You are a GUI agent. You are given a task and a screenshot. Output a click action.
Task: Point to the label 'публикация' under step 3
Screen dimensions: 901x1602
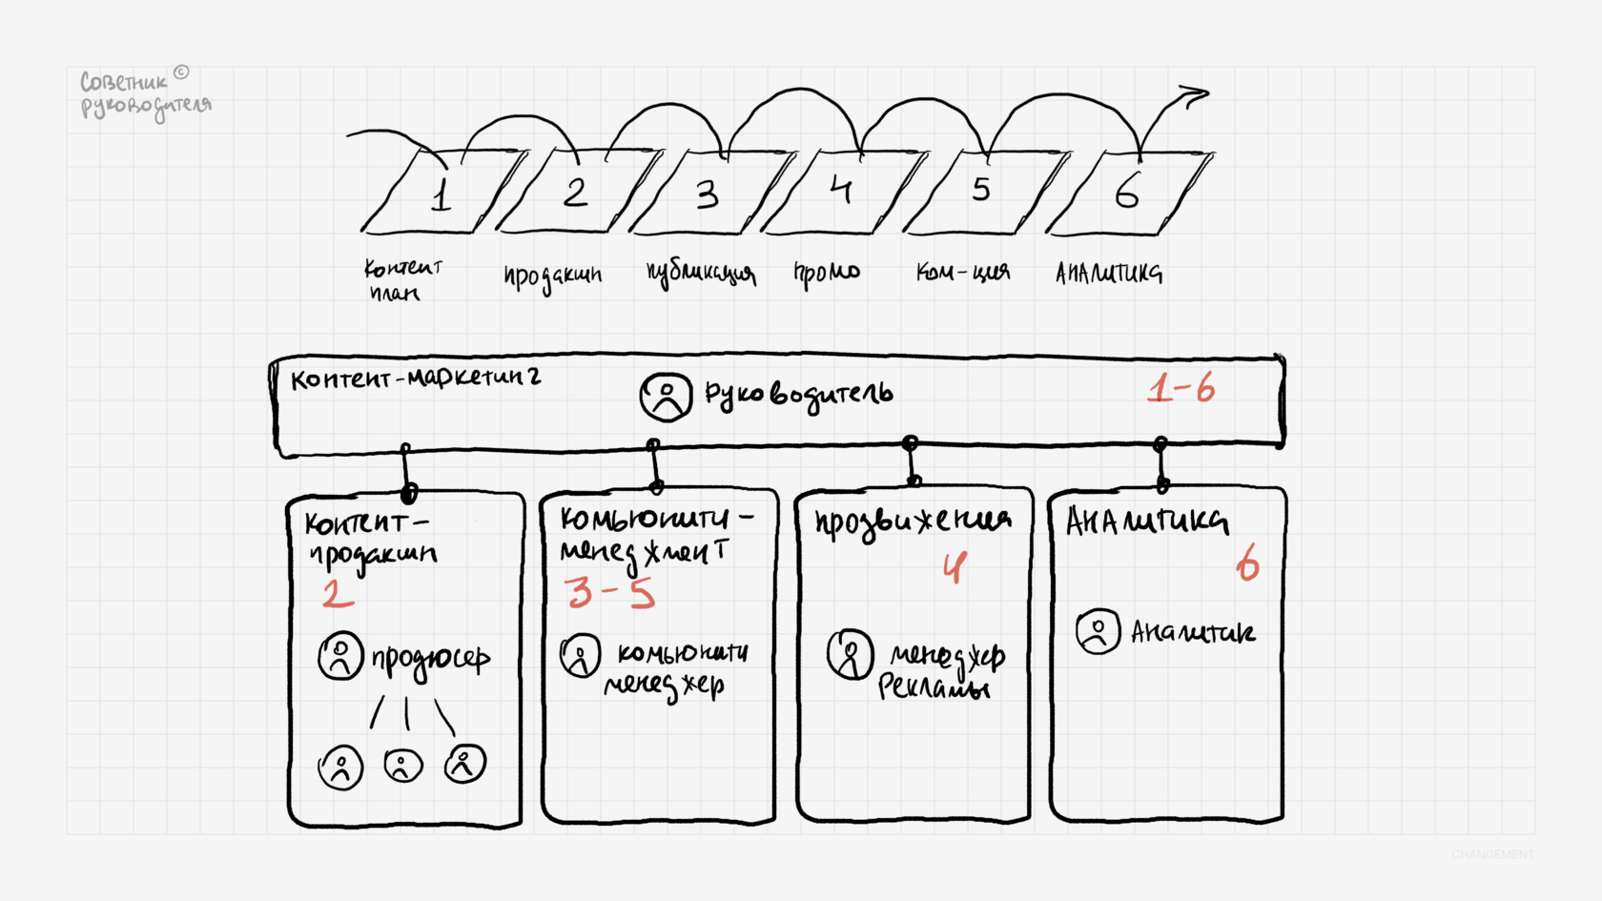coord(700,274)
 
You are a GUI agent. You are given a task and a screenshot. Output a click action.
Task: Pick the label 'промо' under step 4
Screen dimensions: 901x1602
coord(827,273)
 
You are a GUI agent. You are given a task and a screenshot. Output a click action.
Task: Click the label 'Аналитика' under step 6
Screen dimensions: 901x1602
coord(1108,274)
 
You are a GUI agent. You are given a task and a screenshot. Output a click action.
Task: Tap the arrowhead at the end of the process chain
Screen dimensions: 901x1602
coord(1192,95)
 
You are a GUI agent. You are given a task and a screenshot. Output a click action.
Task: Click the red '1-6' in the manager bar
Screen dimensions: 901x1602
coord(1181,389)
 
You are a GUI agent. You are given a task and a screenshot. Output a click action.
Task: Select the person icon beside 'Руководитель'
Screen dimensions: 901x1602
coord(666,397)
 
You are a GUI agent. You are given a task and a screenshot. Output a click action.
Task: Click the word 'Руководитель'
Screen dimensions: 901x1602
coord(799,395)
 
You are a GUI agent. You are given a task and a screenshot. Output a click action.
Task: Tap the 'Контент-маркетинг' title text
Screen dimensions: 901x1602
coord(415,379)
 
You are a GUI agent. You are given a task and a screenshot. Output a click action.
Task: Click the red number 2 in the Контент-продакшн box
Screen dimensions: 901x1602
coord(337,593)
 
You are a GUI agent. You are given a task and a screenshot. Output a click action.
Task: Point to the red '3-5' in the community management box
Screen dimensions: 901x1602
coord(609,592)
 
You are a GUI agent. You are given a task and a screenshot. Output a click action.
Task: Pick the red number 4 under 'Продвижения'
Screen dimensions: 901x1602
coord(955,568)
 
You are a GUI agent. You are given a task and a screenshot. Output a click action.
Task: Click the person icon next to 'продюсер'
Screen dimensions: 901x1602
coord(340,656)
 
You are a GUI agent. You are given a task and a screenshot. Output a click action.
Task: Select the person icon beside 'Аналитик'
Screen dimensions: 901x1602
coord(1098,631)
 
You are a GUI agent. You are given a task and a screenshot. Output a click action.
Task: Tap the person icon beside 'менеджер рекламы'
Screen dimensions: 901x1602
coord(850,654)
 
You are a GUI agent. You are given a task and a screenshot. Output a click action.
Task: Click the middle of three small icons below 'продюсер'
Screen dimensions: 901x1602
coord(402,765)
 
